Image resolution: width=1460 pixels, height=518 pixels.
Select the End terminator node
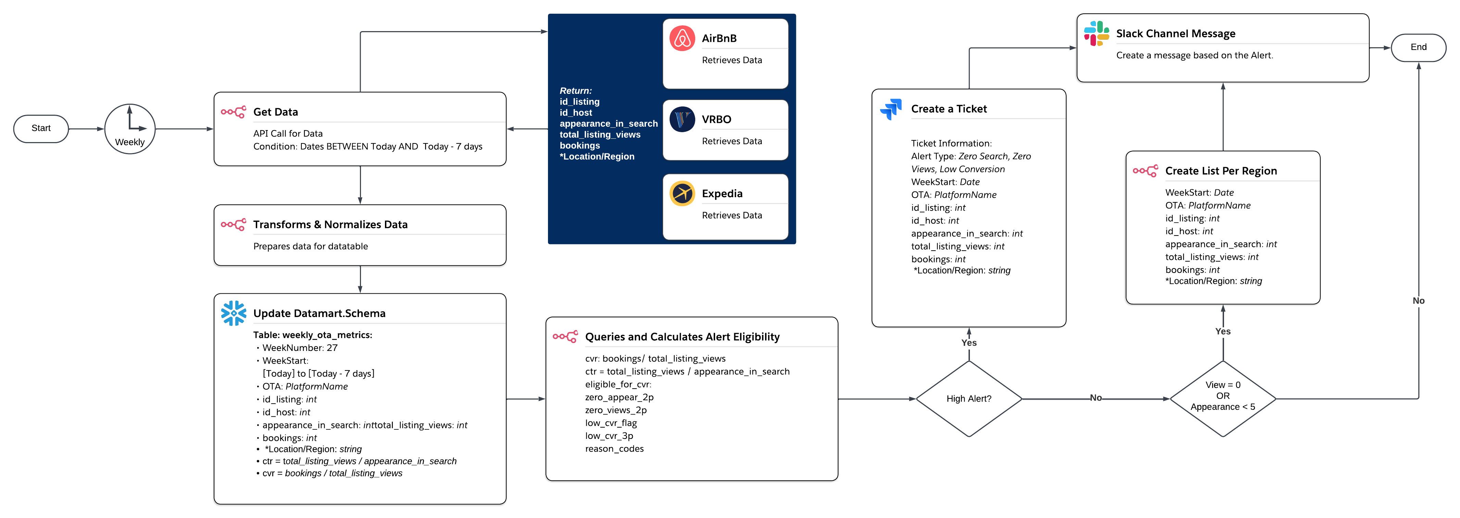click(1418, 47)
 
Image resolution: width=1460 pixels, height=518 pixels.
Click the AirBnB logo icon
click(682, 39)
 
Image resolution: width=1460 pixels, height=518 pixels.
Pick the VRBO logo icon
click(682, 119)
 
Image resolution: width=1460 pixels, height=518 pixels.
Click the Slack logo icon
click(1096, 34)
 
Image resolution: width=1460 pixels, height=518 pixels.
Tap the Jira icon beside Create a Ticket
click(891, 109)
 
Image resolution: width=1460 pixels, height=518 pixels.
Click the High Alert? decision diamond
click(969, 399)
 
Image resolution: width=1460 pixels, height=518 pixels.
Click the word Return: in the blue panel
click(575, 91)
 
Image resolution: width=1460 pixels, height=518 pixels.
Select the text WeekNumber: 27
click(299, 348)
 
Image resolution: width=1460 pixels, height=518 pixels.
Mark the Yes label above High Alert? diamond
click(969, 343)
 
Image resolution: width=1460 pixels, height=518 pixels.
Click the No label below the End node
click(1418, 301)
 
